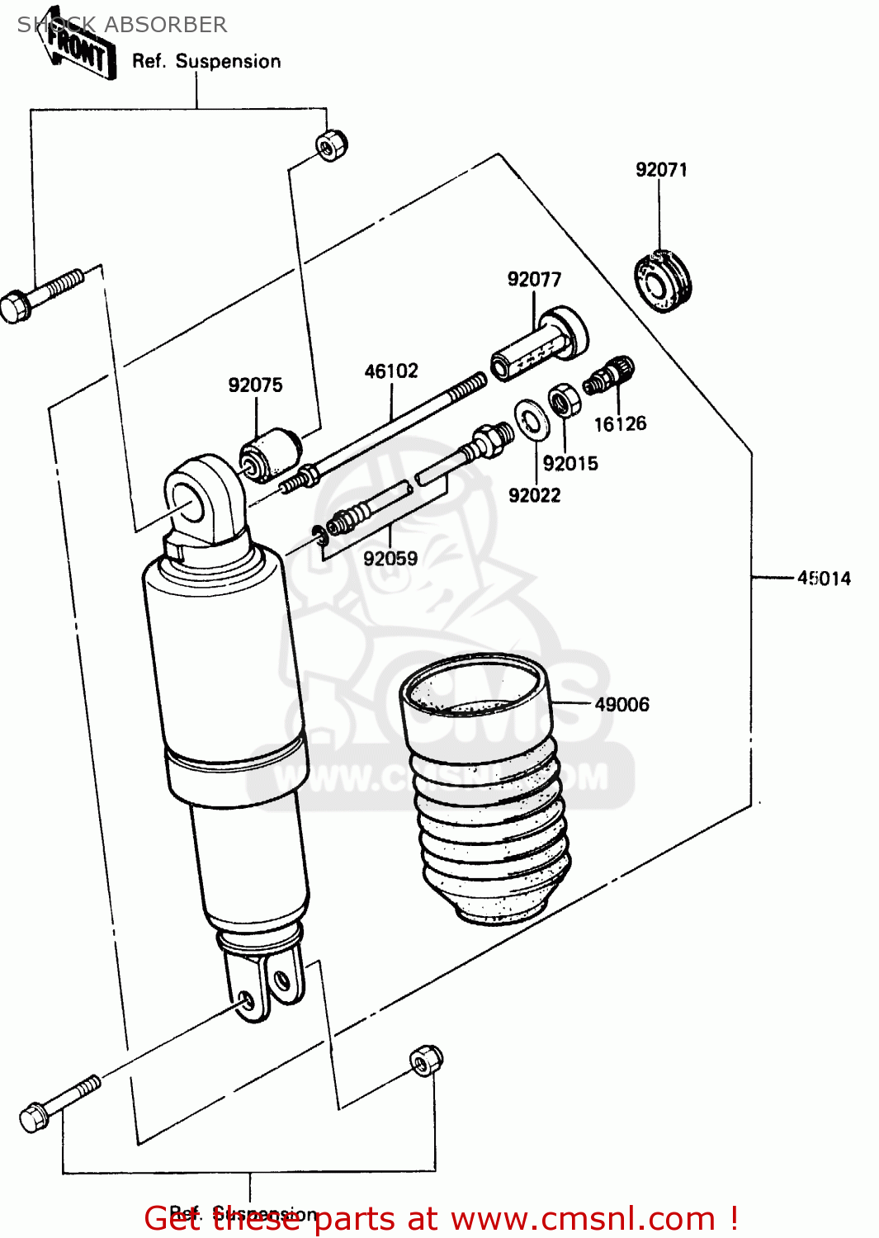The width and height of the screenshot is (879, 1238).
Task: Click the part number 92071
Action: [661, 170]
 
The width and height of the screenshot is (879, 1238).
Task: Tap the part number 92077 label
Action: [534, 280]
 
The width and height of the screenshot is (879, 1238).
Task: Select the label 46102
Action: [391, 371]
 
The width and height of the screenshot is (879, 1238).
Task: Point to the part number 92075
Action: [255, 385]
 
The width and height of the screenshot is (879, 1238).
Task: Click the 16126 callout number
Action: [620, 424]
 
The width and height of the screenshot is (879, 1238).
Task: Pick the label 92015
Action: [570, 464]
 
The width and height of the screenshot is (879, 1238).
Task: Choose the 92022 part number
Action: [534, 495]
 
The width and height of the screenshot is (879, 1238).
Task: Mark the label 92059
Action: [390, 559]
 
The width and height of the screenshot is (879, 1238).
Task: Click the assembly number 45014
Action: [824, 579]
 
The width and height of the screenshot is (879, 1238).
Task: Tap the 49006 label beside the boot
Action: [621, 705]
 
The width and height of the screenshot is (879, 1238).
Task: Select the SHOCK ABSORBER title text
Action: [122, 25]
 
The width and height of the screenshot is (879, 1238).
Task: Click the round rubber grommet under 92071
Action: [662, 283]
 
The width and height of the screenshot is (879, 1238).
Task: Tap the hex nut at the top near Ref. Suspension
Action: [332, 145]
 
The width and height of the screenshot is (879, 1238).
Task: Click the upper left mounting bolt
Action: [41, 295]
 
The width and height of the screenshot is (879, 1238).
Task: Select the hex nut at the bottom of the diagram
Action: [426, 1060]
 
